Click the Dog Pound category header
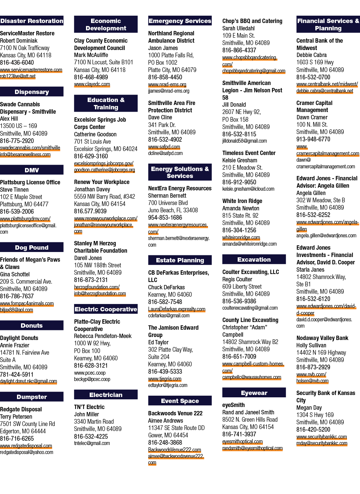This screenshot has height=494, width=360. [32, 247]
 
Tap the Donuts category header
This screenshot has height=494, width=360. [32, 325]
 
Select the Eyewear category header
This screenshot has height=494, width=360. [254, 393]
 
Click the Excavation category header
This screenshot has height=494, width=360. [254, 259]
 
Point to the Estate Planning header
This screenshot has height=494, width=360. [180, 260]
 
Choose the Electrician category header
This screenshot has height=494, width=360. [106, 395]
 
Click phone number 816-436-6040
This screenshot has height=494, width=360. [17, 62]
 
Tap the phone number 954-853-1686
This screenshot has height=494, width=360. [165, 217]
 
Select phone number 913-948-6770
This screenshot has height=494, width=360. [313, 139]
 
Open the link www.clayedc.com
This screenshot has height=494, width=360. [92, 84]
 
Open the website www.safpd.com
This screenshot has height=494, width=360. [164, 147]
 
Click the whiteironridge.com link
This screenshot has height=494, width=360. [241, 237]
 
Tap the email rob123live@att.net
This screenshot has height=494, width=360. [18, 76]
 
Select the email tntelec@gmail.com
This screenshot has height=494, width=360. [92, 443]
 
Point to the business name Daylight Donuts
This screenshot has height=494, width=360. [19, 338]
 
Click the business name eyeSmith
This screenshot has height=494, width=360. [233, 405]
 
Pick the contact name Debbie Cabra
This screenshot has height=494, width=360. [311, 55]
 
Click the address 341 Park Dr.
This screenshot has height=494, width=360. [162, 125]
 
